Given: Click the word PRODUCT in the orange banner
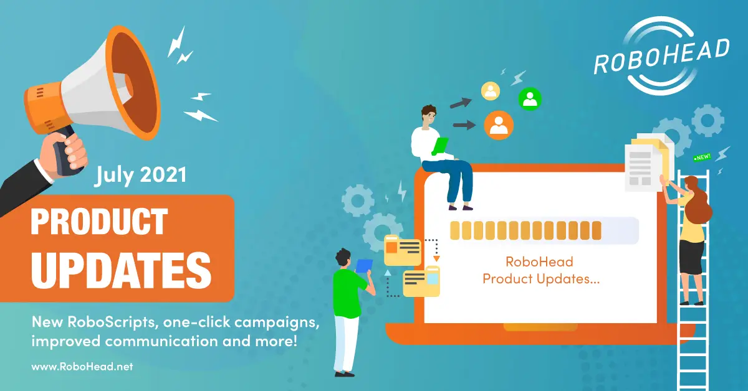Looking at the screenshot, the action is [99, 221].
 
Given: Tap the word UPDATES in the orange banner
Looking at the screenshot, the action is [121, 270].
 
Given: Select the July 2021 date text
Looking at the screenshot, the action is [141, 175].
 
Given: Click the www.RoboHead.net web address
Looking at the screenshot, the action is [82, 367].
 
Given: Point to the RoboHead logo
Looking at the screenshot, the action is [661, 55].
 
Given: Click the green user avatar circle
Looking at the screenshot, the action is [530, 99].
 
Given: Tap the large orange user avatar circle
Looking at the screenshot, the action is [499, 125].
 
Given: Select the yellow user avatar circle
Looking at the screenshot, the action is [490, 91].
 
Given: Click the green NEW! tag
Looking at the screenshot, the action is [702, 157].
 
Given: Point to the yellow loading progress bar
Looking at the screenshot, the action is [525, 230].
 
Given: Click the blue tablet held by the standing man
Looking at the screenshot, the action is [363, 266].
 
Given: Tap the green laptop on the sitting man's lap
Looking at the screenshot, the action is [440, 146].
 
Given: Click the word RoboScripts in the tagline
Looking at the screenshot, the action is [113, 322].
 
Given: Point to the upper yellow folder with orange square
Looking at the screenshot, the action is [403, 250].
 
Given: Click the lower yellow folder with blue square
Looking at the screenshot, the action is [421, 281].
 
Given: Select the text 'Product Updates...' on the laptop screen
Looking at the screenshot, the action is [541, 279].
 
